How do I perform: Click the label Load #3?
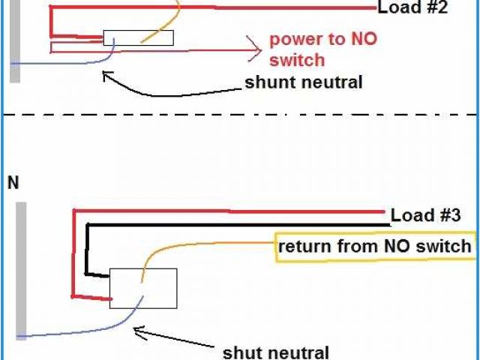point(424,215)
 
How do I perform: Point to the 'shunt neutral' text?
point(304,82)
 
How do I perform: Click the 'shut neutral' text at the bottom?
point(276,351)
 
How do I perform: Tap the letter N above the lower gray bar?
point(13,182)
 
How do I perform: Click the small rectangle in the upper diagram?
point(138,37)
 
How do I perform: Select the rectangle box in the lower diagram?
point(143,288)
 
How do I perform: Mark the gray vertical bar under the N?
point(22,270)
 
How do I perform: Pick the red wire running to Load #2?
point(225,8)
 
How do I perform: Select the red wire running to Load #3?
point(225,211)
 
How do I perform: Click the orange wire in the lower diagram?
point(195,244)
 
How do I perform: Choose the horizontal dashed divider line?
point(240,114)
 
